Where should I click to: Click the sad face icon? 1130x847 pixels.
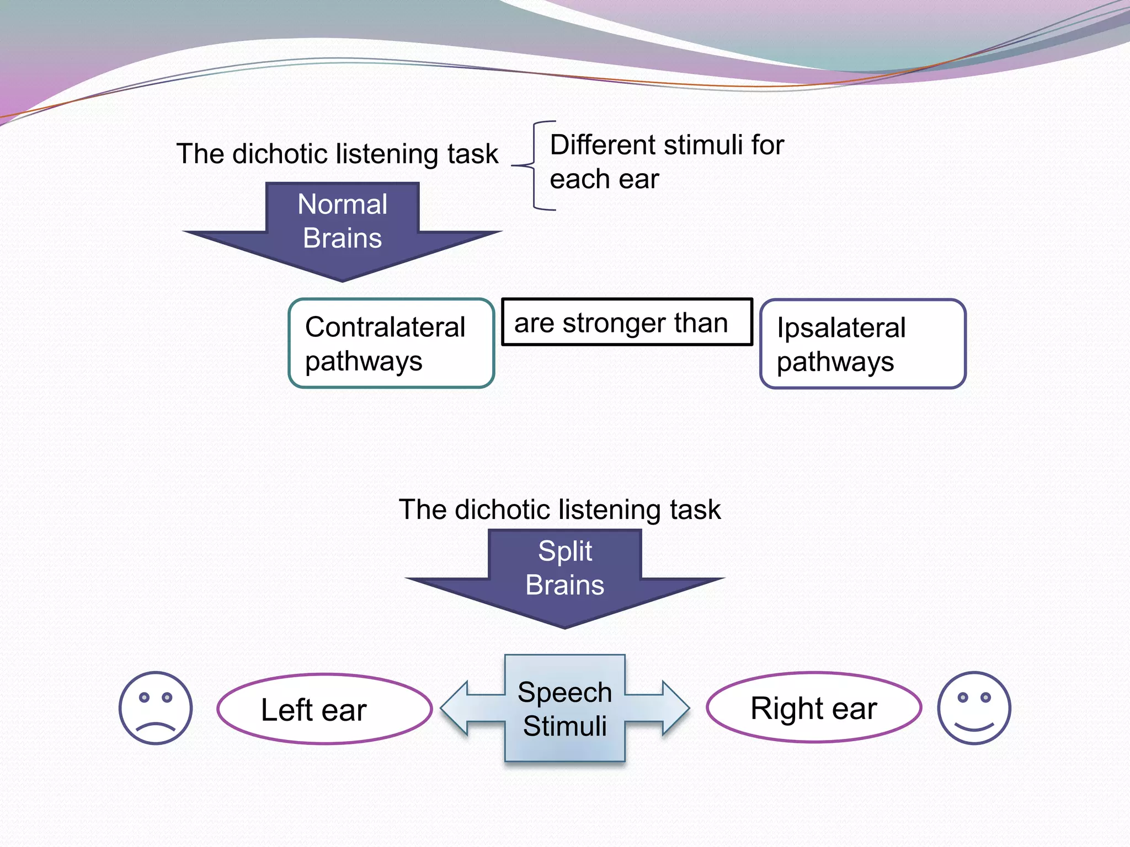pyautogui.click(x=156, y=708)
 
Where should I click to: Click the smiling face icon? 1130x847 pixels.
pyautogui.click(x=974, y=708)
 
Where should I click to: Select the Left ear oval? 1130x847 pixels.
pyautogui.click(x=324, y=709)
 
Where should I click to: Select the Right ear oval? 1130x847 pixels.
pyautogui.click(x=814, y=707)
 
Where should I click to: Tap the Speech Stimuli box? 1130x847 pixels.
pyautogui.click(x=565, y=709)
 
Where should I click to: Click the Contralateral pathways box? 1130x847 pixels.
pyautogui.click(x=391, y=343)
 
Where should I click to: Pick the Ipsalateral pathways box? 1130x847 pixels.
pyautogui.click(x=863, y=344)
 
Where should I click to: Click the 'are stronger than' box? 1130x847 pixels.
pyautogui.click(x=627, y=322)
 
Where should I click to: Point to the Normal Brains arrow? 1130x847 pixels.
pyautogui.click(x=342, y=232)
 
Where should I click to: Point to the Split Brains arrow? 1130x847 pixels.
pyautogui.click(x=565, y=578)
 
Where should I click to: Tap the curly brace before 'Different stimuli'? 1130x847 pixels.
pyautogui.click(x=534, y=165)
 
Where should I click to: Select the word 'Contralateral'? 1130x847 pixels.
pyautogui.click(x=385, y=327)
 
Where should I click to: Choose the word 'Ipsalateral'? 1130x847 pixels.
pyautogui.click(x=841, y=328)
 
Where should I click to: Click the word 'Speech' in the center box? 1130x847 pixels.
pyautogui.click(x=565, y=693)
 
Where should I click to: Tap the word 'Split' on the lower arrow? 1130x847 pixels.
pyautogui.click(x=565, y=551)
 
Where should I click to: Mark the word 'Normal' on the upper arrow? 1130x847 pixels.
pyautogui.click(x=342, y=204)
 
